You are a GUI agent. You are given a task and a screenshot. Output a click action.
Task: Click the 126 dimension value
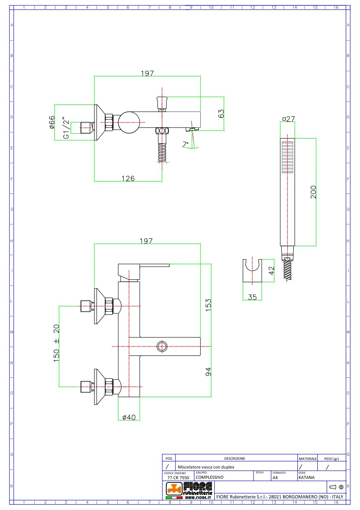[x=128, y=178]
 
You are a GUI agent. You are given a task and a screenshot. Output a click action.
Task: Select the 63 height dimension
[x=221, y=113]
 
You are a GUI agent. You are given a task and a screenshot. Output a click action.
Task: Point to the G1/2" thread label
[x=66, y=128]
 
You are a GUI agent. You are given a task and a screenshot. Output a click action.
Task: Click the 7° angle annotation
[x=186, y=144]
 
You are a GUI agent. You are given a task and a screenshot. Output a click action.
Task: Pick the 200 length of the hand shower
[x=313, y=192]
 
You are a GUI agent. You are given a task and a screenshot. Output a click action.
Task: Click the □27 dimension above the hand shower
[x=289, y=119]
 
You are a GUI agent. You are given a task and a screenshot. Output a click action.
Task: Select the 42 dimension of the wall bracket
[x=271, y=271]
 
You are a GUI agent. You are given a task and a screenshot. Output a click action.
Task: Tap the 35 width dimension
[x=252, y=297]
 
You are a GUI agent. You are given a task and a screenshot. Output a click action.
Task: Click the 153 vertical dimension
[x=208, y=305]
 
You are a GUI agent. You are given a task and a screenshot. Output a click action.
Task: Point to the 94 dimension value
[x=208, y=372]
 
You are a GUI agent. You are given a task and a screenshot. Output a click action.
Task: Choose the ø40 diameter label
[x=129, y=417]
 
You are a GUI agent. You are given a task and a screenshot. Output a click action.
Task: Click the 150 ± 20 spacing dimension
[x=56, y=343]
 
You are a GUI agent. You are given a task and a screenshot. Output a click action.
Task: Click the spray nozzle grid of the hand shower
[x=287, y=157]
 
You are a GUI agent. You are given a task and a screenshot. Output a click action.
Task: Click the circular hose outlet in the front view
[x=162, y=346]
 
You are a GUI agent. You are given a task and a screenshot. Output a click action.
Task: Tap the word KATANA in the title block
[x=306, y=477]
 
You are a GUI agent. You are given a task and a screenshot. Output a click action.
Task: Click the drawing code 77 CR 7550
[x=178, y=477]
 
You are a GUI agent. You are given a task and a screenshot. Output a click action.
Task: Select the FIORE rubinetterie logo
[x=189, y=491]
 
